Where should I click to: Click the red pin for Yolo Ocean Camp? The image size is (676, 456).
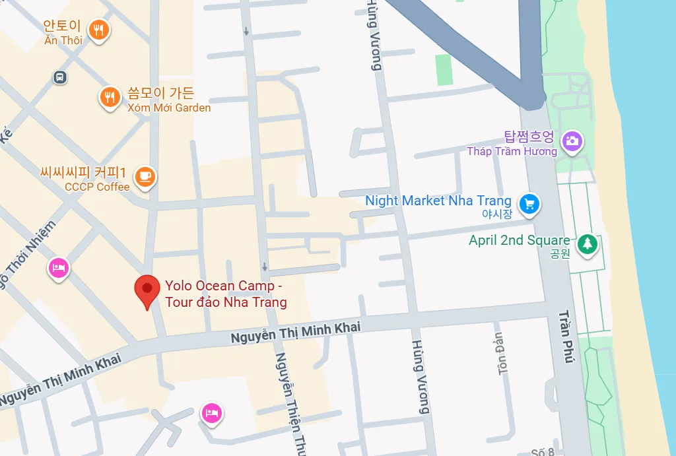tap(147, 290)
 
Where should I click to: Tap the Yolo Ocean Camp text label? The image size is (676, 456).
tap(226, 294)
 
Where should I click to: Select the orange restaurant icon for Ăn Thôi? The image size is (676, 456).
tap(99, 29)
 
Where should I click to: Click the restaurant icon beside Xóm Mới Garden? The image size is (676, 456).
tap(109, 98)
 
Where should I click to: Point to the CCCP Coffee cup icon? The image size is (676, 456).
tap(145, 176)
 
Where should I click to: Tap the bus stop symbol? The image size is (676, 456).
tap(60, 77)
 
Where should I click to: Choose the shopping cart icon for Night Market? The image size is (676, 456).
tap(529, 204)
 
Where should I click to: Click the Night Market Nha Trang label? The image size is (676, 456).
tap(438, 201)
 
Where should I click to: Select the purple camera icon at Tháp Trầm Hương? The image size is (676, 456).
tap(572, 140)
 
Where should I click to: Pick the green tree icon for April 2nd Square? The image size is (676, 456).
tap(586, 244)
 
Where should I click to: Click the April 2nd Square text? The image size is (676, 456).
tap(519, 240)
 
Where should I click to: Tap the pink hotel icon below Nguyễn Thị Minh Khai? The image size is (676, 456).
tap(212, 413)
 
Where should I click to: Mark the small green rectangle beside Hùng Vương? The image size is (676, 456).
tap(444, 69)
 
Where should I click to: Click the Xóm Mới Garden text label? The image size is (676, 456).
tap(169, 108)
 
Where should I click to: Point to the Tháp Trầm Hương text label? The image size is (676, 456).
tap(512, 151)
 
